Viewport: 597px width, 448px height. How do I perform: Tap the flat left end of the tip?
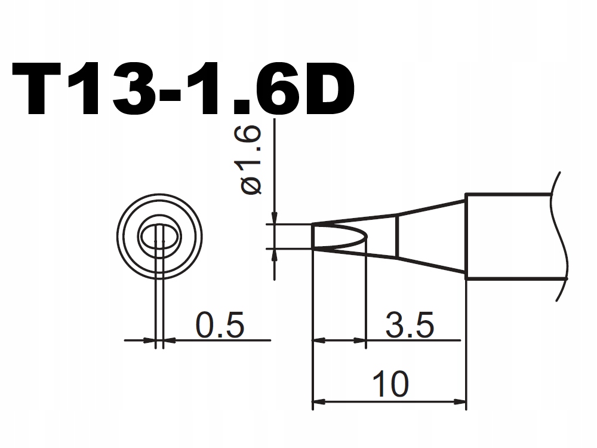click(313, 236)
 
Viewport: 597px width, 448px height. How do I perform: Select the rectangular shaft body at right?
click(507, 236)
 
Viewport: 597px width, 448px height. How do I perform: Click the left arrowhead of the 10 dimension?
click(320, 401)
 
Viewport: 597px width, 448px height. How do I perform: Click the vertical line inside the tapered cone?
click(397, 236)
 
